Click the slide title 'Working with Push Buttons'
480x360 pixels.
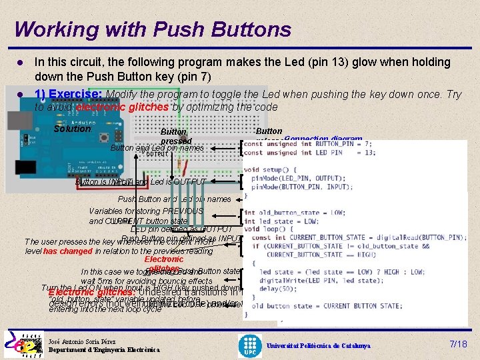coord(153,29)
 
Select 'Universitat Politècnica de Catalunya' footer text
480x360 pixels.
coord(319,346)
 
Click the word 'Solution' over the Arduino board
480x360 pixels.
coord(71,128)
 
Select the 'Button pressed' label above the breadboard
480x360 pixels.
coord(176,137)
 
